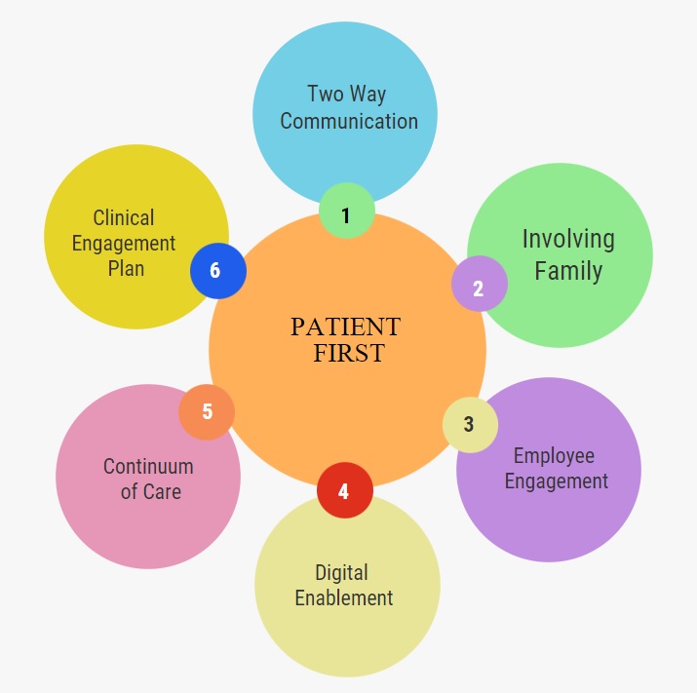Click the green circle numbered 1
346,212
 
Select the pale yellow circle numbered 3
470,425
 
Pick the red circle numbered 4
344,490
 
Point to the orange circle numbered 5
207,411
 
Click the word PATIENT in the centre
345,327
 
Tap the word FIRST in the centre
349,353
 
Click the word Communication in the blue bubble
349,122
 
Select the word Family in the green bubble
568,270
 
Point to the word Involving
568,239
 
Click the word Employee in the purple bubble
554,455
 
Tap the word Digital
341,572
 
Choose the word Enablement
344,597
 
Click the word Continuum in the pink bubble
148,466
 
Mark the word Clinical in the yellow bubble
124,217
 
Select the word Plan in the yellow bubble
127,268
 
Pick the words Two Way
346,95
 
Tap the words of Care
150,491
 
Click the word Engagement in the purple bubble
556,481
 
